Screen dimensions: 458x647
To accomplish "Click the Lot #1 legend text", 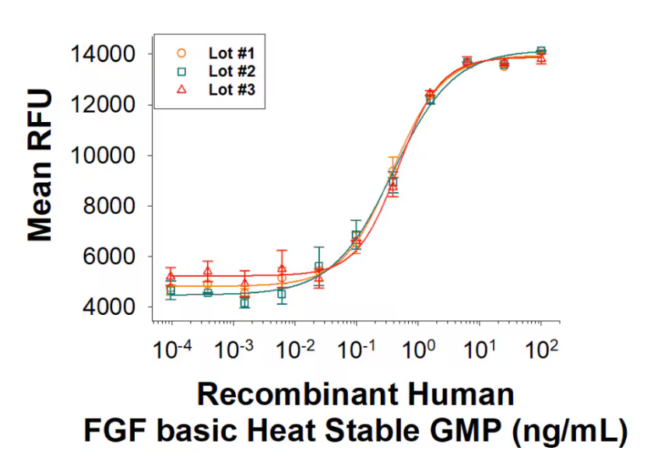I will click(x=227, y=54).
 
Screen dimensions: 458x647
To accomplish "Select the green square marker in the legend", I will click(x=181, y=72).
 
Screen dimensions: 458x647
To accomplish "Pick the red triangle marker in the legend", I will click(x=181, y=89).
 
